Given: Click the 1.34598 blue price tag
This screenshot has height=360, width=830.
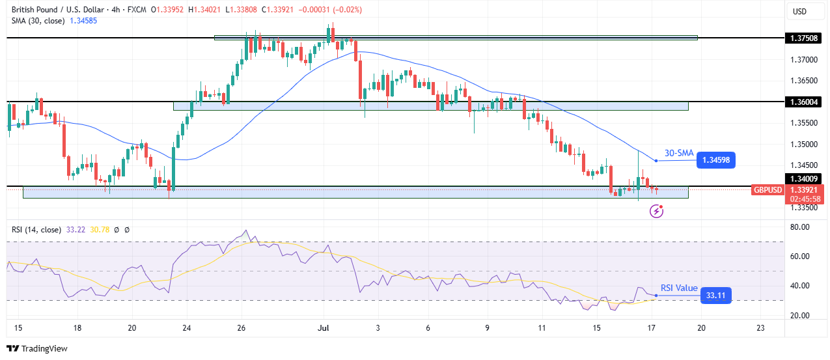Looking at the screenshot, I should click(x=715, y=160).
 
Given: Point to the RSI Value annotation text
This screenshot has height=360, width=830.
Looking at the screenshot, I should click(x=679, y=288).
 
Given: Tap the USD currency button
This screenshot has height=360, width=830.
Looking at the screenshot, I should click(x=799, y=11).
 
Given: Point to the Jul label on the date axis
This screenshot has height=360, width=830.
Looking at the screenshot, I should click(x=322, y=328).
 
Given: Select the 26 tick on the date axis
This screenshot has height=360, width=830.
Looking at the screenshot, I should click(x=241, y=328).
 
